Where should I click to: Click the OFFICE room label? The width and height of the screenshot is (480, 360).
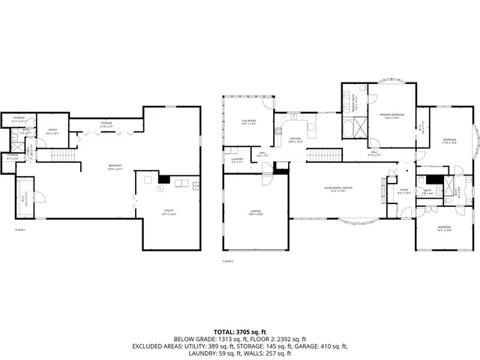click(52, 132)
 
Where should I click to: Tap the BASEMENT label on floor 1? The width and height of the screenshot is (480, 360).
click(115, 166)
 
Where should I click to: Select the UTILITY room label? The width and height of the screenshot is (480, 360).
click(168, 212)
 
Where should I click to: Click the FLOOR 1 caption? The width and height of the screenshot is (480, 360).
click(20, 229)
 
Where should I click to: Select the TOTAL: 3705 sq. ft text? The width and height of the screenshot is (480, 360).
click(240, 331)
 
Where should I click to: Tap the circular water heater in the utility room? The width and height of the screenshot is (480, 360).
click(160, 181)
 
